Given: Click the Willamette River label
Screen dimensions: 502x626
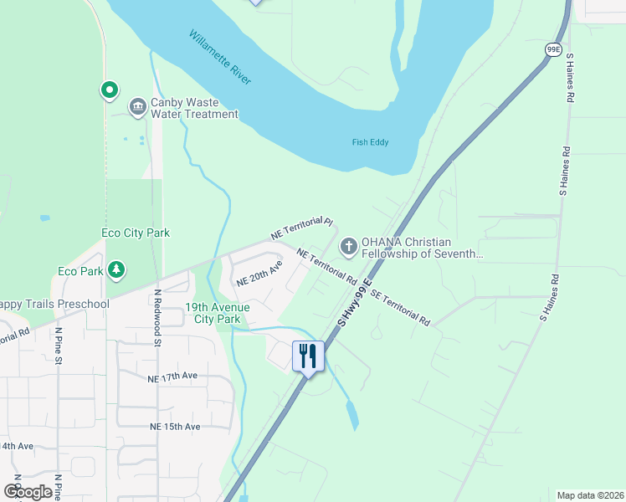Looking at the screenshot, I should coord(220,57).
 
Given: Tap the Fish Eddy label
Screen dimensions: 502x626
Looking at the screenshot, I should coord(370,142).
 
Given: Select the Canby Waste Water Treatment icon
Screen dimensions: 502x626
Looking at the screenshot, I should coord(137,108).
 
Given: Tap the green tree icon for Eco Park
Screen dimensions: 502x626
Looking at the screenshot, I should coord(117,270).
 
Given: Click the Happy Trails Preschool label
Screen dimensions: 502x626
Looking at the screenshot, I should coord(54,304).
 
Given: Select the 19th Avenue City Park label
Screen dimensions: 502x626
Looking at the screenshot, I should coord(218,313).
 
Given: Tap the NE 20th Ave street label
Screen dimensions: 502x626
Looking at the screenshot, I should coord(259,273).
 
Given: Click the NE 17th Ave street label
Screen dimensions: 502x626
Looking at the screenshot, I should coord(173,376).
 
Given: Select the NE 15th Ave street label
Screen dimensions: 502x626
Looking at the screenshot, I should coord(174,427).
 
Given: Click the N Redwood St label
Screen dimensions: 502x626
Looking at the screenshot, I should coord(156,317).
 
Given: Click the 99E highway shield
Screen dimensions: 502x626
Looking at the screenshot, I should coord(554,50).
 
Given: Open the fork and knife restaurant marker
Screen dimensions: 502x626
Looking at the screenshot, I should coord(308,356).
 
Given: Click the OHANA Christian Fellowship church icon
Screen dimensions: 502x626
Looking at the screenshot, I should coord(348,247).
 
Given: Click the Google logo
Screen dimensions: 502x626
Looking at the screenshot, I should coord(28,492).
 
